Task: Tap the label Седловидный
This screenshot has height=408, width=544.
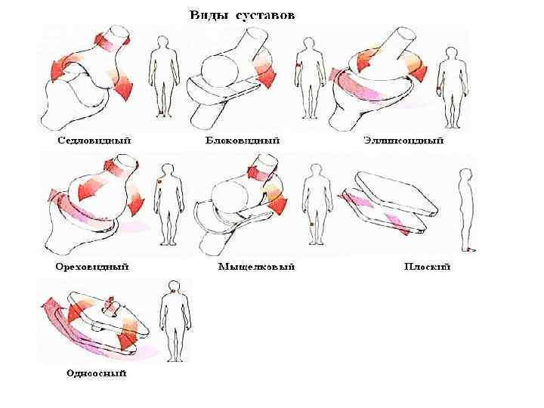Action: point(94,141)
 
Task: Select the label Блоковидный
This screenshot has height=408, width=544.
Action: point(243,141)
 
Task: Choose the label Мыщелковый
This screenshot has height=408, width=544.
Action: point(256,267)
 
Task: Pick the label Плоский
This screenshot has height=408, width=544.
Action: point(427,267)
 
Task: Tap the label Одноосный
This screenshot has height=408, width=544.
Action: point(95,372)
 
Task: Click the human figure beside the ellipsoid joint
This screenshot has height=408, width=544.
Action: point(452,87)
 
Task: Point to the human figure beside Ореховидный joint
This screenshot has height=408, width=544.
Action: point(168,204)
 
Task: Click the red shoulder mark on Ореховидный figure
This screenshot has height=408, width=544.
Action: point(160,182)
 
